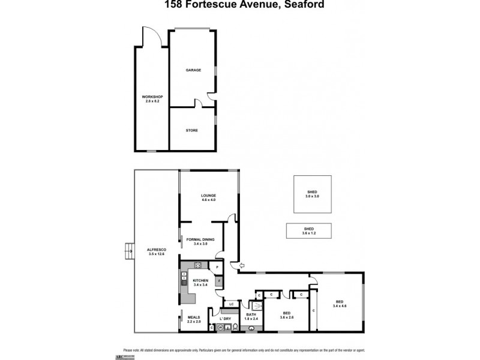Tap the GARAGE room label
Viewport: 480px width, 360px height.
pos(193,70)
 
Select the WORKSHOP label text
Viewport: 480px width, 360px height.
pos(152,97)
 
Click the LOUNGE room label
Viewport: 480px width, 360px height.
pos(208,196)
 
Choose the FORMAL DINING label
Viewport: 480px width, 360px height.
pos(200,239)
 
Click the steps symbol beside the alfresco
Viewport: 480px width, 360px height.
pos(127,248)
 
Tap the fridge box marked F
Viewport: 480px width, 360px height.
pos(219,280)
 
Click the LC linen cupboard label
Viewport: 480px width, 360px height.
pos(232,304)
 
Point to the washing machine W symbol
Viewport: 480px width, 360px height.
pos(220,327)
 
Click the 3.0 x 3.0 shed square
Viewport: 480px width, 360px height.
pos(313,193)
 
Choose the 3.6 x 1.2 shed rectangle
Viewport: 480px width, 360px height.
pos(309,230)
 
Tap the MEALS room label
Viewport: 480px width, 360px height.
pos(194,317)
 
